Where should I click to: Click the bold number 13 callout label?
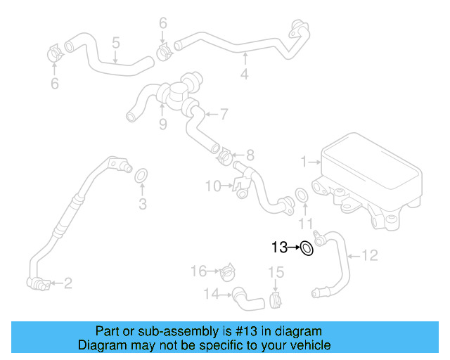pyautogui.click(x=278, y=247)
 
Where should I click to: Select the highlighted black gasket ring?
pyautogui.click(x=307, y=248)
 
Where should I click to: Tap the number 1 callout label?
pyautogui.click(x=304, y=162)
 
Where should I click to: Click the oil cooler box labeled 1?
pyautogui.click(x=369, y=173)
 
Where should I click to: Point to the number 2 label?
pyautogui.click(x=68, y=284)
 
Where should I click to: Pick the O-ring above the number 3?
pyautogui.click(x=141, y=175)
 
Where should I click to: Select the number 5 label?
pyautogui.click(x=115, y=43)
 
